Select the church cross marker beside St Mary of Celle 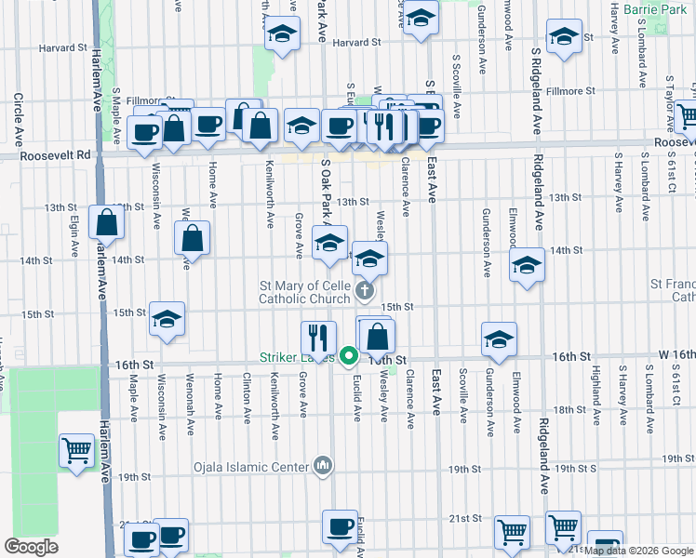click(366, 292)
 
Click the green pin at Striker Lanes click(349, 355)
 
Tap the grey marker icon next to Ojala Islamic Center click(323, 464)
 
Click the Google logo click(31, 547)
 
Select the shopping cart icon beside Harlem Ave click(76, 451)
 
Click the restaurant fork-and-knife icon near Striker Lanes click(318, 337)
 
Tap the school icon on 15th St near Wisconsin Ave click(167, 319)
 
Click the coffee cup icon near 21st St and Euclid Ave click(339, 526)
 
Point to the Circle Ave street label click(18, 119)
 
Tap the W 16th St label click(675, 356)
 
